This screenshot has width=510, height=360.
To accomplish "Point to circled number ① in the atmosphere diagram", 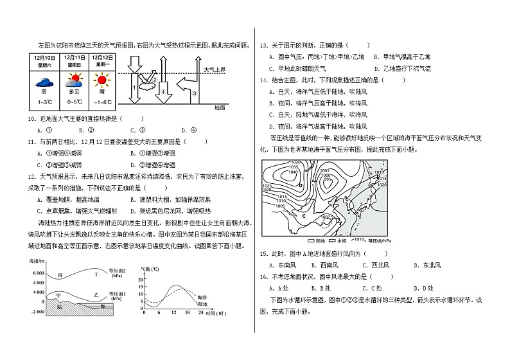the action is click(134, 87).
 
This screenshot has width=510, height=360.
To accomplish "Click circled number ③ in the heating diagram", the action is click(193, 93).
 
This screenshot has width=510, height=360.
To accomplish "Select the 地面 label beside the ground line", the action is click(220, 107).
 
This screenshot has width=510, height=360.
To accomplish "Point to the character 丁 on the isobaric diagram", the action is click(98, 274).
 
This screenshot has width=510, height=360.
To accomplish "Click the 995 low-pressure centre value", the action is click(328, 179).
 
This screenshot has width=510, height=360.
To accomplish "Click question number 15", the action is click(263, 254).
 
